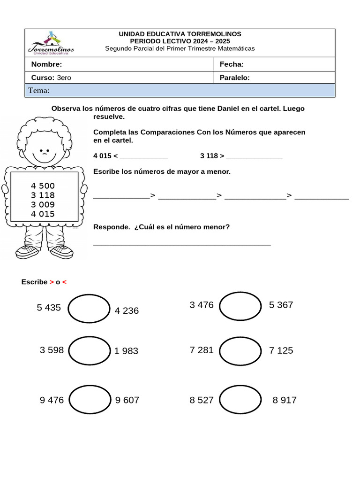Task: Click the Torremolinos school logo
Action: point(50,43)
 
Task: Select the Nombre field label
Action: point(46,64)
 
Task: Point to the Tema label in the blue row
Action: point(39,91)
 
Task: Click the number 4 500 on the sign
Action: point(43,186)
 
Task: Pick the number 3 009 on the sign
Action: point(43,204)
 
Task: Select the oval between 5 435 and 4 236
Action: point(89,309)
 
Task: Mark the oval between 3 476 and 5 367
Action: point(240,306)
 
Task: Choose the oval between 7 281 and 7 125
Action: point(240,351)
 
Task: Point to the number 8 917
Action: point(285,400)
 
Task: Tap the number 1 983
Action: point(126,351)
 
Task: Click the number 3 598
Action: point(52,350)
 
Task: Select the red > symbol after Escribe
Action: point(52,282)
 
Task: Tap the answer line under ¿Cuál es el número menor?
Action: point(182,244)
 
